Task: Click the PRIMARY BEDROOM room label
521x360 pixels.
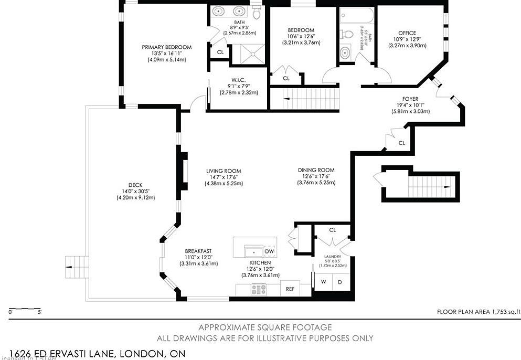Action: (167, 47)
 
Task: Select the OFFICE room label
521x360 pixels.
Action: (407, 33)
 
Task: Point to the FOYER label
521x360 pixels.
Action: (410, 98)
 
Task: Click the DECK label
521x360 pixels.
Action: (135, 185)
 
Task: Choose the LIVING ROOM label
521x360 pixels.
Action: (223, 171)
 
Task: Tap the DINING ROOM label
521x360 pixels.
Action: (316, 170)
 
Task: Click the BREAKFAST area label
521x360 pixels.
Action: (198, 250)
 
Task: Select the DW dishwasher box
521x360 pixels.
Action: (270, 252)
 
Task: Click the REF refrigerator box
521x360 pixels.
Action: (290, 289)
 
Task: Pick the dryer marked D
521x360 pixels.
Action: (339, 282)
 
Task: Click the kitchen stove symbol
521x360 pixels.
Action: (259, 289)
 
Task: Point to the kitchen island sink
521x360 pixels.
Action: (254, 252)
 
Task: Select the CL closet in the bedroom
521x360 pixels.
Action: (286, 78)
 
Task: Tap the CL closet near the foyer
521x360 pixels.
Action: (401, 143)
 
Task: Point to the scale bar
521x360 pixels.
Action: (25, 308)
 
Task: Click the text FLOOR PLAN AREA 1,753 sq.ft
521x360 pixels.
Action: (478, 312)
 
